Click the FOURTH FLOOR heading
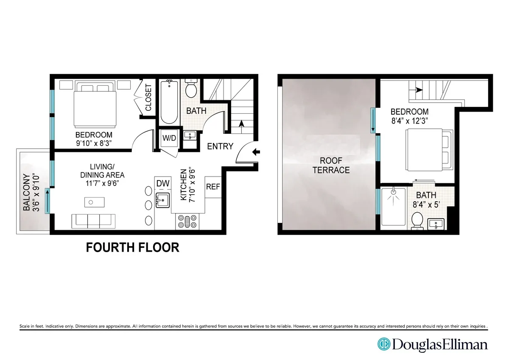tap(132, 247)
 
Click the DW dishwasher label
tap(163, 183)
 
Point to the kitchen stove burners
tap(187, 222)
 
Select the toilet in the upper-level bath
tap(417, 220)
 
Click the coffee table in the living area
tap(92, 202)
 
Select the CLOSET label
tap(148, 98)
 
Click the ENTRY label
tap(220, 146)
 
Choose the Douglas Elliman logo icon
tap(384, 344)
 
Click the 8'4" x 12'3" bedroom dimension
tap(410, 120)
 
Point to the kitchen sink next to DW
tap(162, 199)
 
